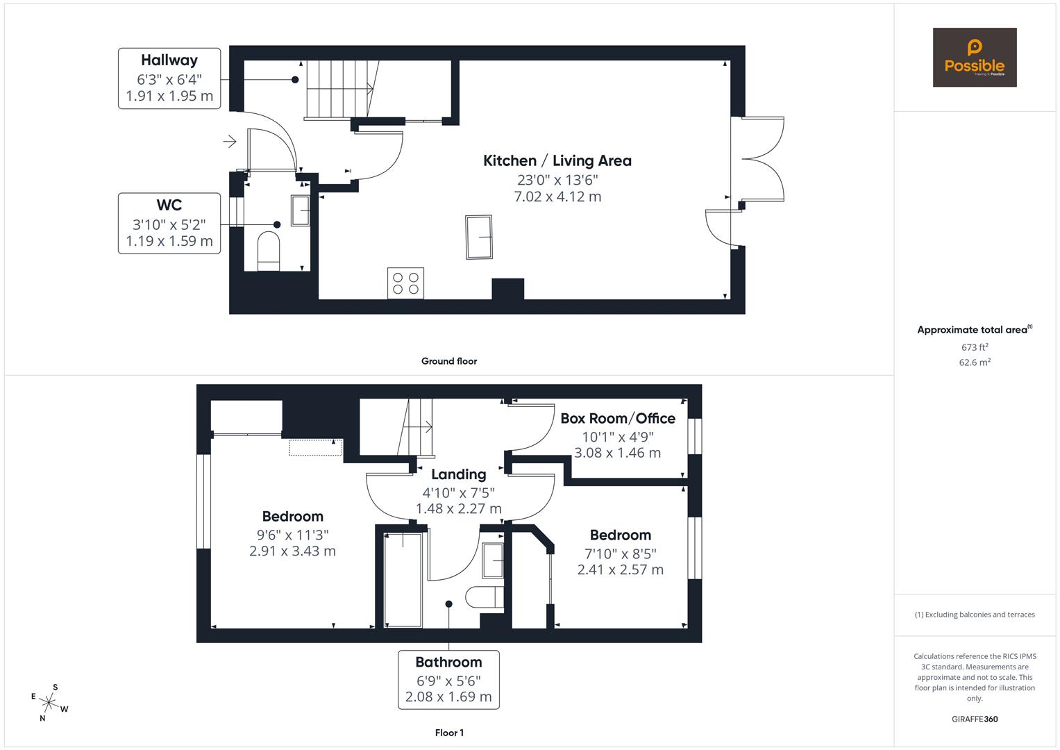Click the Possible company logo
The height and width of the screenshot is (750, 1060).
tap(974, 58)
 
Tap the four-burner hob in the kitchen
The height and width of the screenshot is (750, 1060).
tap(405, 283)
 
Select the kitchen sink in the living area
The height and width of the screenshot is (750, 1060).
tap(478, 237)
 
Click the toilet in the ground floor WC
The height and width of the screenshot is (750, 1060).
tap(268, 250)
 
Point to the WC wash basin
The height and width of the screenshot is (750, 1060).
tap(300, 210)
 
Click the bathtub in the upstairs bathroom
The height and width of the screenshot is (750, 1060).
tap(403, 579)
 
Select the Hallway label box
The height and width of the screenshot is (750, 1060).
tap(169, 78)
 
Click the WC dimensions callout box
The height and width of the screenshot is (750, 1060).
tap(169, 223)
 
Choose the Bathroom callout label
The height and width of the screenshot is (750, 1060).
tap(448, 679)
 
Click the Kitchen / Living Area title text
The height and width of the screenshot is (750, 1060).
tap(557, 161)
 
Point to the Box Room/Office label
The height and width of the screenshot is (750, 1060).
tap(617, 418)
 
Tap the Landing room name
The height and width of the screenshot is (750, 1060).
tap(458, 474)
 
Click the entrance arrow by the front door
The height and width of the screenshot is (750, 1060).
tap(230, 142)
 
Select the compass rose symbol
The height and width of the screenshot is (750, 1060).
tap(50, 703)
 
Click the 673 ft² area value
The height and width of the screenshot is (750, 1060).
tap(974, 347)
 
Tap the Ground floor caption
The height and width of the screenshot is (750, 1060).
tap(448, 361)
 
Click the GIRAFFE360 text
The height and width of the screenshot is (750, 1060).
tap(974, 719)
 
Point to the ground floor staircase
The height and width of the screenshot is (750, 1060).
tap(340, 88)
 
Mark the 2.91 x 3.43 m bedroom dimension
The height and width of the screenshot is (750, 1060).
tap(292, 551)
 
